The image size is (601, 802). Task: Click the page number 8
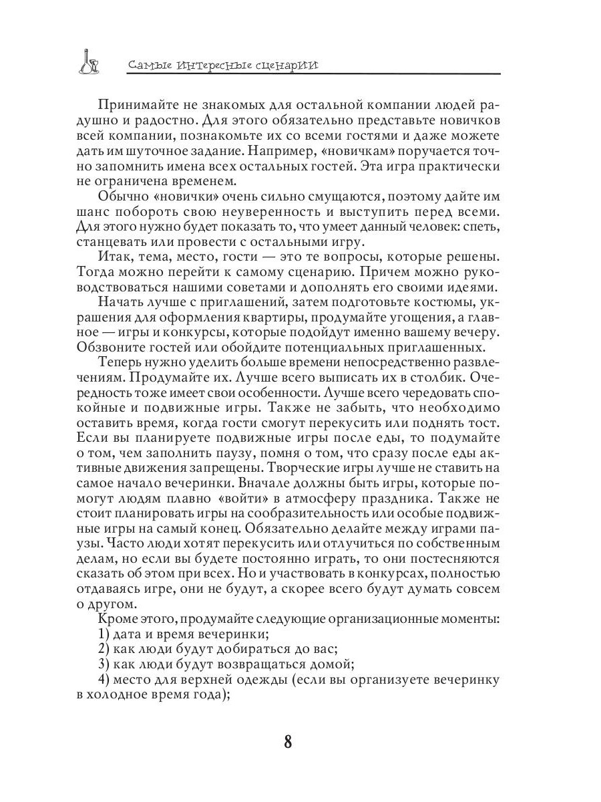pyautogui.click(x=288, y=743)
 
